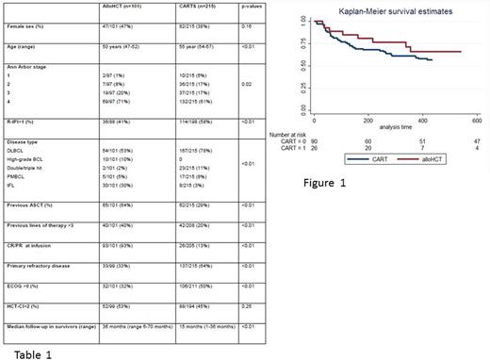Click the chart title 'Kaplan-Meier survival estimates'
[x=394, y=10]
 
